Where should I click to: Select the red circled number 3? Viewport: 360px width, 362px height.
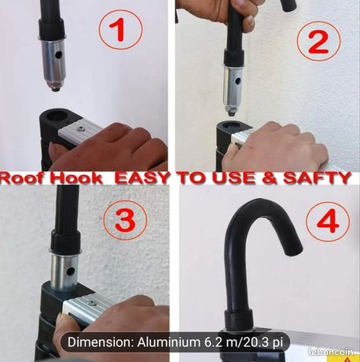point(126,219)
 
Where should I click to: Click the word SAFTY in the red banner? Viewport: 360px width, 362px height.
point(317,178)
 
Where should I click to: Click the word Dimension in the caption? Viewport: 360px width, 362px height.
point(101,342)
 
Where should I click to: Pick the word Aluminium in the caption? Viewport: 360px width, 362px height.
point(168,342)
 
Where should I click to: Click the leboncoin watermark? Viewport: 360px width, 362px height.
point(331,352)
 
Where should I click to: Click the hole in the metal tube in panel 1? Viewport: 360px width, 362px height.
point(59,55)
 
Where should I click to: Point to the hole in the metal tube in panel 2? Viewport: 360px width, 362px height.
point(237,79)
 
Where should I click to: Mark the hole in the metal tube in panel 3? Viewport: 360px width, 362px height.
point(70,271)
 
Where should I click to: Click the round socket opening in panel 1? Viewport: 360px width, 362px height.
point(57,116)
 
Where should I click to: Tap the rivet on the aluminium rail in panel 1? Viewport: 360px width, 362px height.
point(80,128)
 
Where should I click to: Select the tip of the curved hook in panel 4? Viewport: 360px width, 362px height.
point(294,251)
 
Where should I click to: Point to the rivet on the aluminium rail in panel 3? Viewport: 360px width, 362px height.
point(92,304)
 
